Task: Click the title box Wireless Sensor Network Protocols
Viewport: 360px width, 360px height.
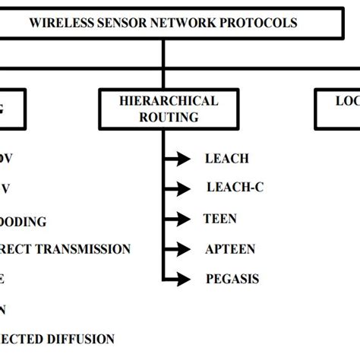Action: tap(163, 22)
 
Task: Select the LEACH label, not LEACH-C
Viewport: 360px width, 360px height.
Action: tap(226, 158)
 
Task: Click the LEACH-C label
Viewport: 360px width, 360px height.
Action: tap(235, 188)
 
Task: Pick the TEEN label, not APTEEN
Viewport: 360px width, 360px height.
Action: tap(220, 219)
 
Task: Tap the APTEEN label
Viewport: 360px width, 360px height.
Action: tap(230, 249)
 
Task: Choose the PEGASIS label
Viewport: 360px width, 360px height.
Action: tap(232, 279)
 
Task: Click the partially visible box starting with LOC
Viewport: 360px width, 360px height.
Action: tap(338, 109)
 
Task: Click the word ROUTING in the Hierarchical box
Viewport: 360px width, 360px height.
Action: tap(168, 117)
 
